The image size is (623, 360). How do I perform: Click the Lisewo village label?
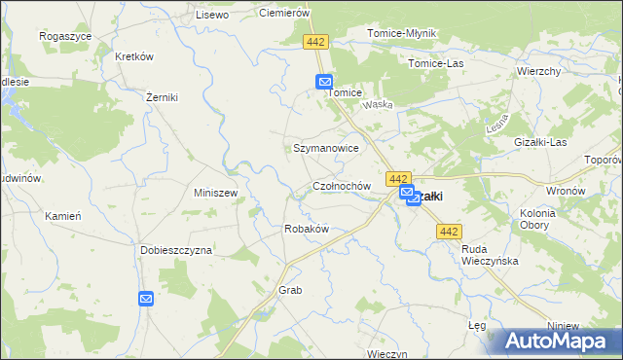tap(211, 15)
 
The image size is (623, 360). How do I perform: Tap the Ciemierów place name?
tap(283, 13)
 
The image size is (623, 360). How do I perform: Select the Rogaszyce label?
tap(65, 35)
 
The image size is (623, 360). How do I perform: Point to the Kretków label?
tap(134, 56)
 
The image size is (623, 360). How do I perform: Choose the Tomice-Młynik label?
tap(401, 33)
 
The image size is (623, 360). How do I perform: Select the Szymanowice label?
tap(326, 148)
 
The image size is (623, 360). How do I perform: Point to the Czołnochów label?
tap(342, 185)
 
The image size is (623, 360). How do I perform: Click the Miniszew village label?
tap(216, 193)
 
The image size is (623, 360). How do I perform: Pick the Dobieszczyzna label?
tap(176, 250)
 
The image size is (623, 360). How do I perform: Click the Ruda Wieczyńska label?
tap(490, 255)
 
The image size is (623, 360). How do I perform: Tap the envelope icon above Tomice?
tap(324, 84)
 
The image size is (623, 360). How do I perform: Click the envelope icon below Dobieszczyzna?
tap(146, 299)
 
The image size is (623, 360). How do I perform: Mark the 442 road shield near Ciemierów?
tap(315, 43)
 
